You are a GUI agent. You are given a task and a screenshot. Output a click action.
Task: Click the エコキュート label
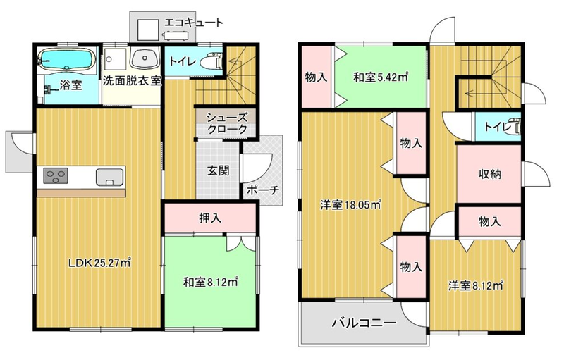(x=193, y=23)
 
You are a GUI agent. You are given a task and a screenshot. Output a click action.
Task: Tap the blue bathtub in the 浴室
(x=67, y=59)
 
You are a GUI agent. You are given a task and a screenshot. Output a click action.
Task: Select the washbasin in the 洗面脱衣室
(x=145, y=58)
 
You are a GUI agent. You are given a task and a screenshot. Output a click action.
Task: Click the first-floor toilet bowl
(x=213, y=61)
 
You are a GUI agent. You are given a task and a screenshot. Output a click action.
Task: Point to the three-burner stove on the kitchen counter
(x=56, y=176)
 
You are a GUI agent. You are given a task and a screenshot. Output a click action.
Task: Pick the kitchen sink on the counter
(x=110, y=177)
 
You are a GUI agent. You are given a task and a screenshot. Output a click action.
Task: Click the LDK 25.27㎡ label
(x=99, y=263)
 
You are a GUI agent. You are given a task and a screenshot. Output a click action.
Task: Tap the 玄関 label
(x=218, y=170)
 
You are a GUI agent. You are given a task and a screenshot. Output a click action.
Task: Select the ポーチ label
(x=263, y=190)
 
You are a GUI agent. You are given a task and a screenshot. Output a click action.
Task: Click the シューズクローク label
(x=227, y=123)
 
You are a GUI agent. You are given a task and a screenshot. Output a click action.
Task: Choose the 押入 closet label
(x=210, y=218)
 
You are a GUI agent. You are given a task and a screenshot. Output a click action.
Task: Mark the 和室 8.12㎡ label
(x=210, y=282)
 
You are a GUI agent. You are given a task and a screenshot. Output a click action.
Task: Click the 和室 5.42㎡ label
(x=381, y=77)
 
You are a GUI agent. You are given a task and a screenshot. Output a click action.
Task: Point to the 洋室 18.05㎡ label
(x=351, y=205)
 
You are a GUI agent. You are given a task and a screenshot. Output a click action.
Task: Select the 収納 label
(x=489, y=174)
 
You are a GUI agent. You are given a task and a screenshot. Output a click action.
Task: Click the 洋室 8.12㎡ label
(x=476, y=286)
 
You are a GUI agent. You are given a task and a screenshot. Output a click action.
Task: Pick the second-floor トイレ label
(x=498, y=127)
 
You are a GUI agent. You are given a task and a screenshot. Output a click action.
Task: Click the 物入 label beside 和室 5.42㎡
(x=316, y=77)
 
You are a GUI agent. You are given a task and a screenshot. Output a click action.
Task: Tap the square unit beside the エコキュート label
(x=148, y=30)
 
